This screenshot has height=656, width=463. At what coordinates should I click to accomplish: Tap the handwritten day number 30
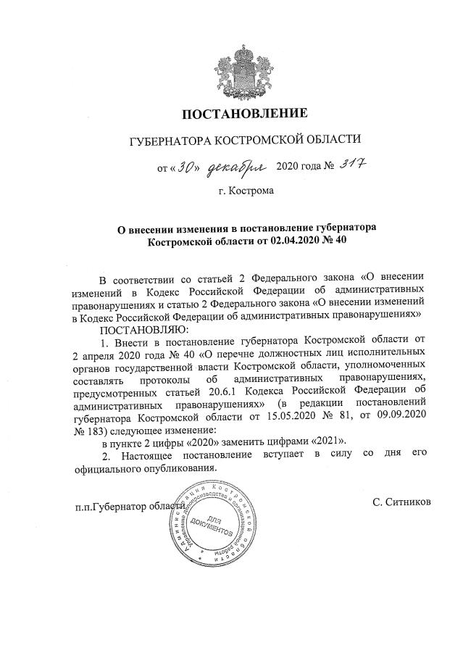188,168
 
